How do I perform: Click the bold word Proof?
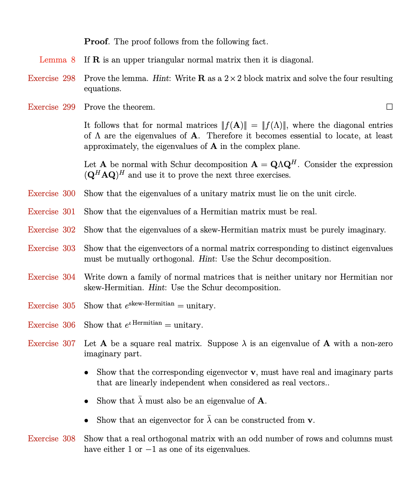pos(96,42)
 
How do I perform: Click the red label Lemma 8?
pos(57,60)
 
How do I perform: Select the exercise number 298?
pos(69,78)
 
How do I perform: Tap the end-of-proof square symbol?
pos(389,107)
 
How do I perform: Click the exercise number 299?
pos(69,107)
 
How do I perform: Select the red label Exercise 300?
pos(52,194)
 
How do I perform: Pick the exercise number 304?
pos(69,277)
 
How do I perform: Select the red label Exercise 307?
pos(52,344)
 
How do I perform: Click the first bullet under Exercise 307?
pos(86,373)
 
